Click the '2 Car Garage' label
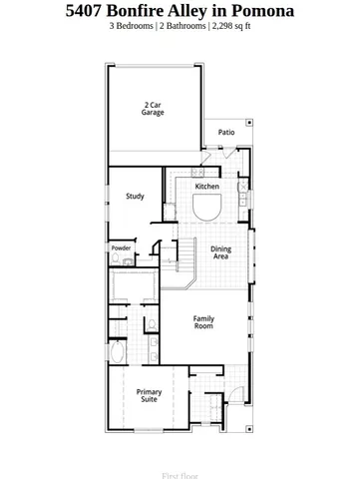[153, 108]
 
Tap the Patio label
[226, 132]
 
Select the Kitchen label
[207, 187]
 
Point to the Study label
[135, 197]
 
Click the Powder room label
[121, 247]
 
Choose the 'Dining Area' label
[220, 252]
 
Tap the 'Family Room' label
[203, 322]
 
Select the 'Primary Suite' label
[149, 395]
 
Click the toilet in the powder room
[117, 259]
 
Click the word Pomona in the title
[258, 11]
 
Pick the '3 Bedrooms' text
[131, 27]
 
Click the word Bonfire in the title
[143, 11]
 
